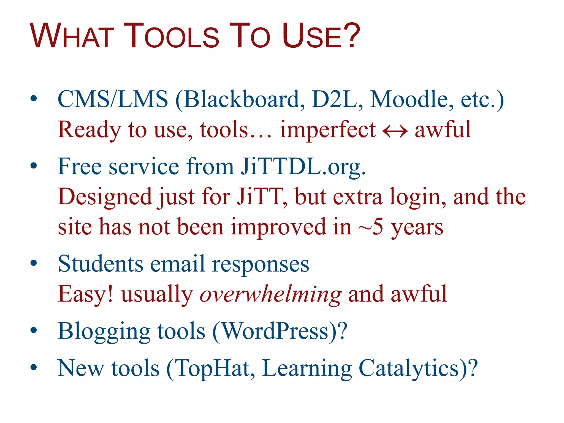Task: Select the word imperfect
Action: tap(328, 130)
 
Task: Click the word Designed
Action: tap(105, 197)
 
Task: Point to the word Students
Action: tap(101, 264)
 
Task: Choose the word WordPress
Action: tap(275, 331)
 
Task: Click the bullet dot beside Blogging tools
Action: tap(34, 330)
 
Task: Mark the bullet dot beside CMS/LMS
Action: tap(34, 98)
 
